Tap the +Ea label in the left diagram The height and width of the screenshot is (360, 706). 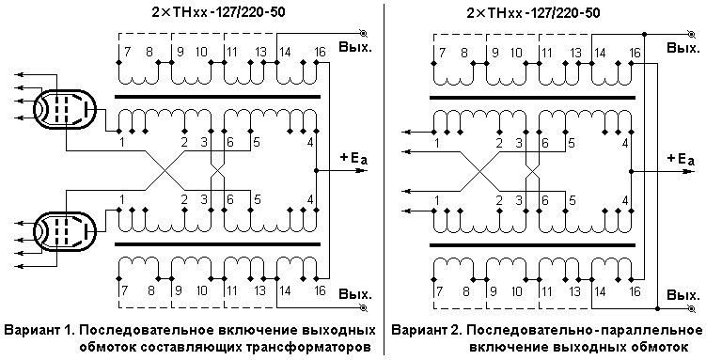(x=353, y=159)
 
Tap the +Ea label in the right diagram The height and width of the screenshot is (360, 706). (x=680, y=159)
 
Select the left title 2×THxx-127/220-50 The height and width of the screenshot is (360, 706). (x=218, y=12)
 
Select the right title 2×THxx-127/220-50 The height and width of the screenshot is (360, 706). (x=533, y=12)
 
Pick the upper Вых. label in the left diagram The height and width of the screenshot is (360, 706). (x=355, y=47)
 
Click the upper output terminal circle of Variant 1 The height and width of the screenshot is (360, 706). (x=364, y=33)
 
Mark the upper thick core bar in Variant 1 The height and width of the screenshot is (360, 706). (x=218, y=97)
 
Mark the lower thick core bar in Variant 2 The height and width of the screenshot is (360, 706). (x=533, y=245)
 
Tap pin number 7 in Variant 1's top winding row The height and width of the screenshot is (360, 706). (x=128, y=53)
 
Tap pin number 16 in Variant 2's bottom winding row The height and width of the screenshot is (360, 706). (x=634, y=291)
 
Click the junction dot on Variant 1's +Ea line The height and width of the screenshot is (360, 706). (x=317, y=171)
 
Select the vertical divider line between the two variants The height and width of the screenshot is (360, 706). (x=384, y=180)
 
